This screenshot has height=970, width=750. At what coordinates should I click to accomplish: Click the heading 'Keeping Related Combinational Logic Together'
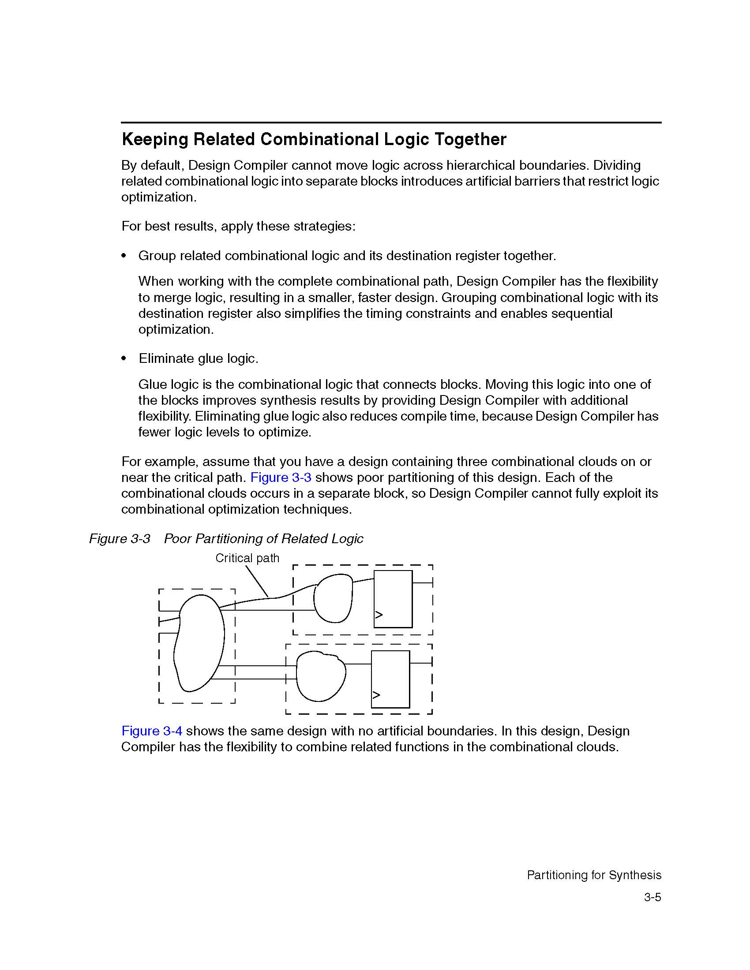[x=314, y=139]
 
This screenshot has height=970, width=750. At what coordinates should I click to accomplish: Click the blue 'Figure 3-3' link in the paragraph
[x=280, y=478]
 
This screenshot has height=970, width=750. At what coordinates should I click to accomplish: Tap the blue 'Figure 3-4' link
[x=151, y=731]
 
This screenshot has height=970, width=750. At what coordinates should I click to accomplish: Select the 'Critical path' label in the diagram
[x=247, y=558]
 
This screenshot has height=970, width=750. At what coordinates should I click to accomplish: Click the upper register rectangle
[x=393, y=599]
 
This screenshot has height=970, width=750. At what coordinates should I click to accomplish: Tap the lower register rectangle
[x=390, y=679]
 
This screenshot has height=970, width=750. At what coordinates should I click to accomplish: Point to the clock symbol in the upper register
[x=379, y=615]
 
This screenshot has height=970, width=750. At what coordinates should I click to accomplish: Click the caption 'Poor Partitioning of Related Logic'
[x=263, y=539]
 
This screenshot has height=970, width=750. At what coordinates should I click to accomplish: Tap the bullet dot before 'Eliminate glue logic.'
[x=124, y=358]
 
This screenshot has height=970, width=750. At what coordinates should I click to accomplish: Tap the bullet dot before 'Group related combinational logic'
[x=124, y=256]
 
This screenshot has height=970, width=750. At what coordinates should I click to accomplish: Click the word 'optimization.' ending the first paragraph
[x=159, y=197]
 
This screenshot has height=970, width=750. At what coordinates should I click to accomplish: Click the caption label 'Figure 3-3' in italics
[x=120, y=539]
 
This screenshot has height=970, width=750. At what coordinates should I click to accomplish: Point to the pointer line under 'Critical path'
[x=257, y=582]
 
